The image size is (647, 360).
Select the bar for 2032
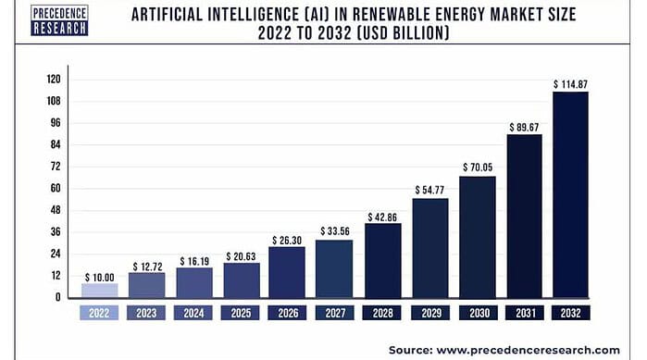[571, 194]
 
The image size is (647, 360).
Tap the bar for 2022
[100, 290]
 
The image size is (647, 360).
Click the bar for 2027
[334, 268]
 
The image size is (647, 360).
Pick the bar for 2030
[477, 236]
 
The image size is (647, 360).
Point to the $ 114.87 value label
[571, 84]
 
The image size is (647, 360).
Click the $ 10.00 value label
[100, 277]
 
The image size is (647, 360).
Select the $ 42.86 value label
[382, 217]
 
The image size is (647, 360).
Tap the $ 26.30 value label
[287, 240]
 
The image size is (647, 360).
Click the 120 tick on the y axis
[53, 80]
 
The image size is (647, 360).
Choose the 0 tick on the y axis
[58, 297]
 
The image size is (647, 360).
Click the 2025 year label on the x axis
[240, 314]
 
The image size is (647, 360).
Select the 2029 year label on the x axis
[429, 314]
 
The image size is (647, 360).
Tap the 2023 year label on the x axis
[146, 314]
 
